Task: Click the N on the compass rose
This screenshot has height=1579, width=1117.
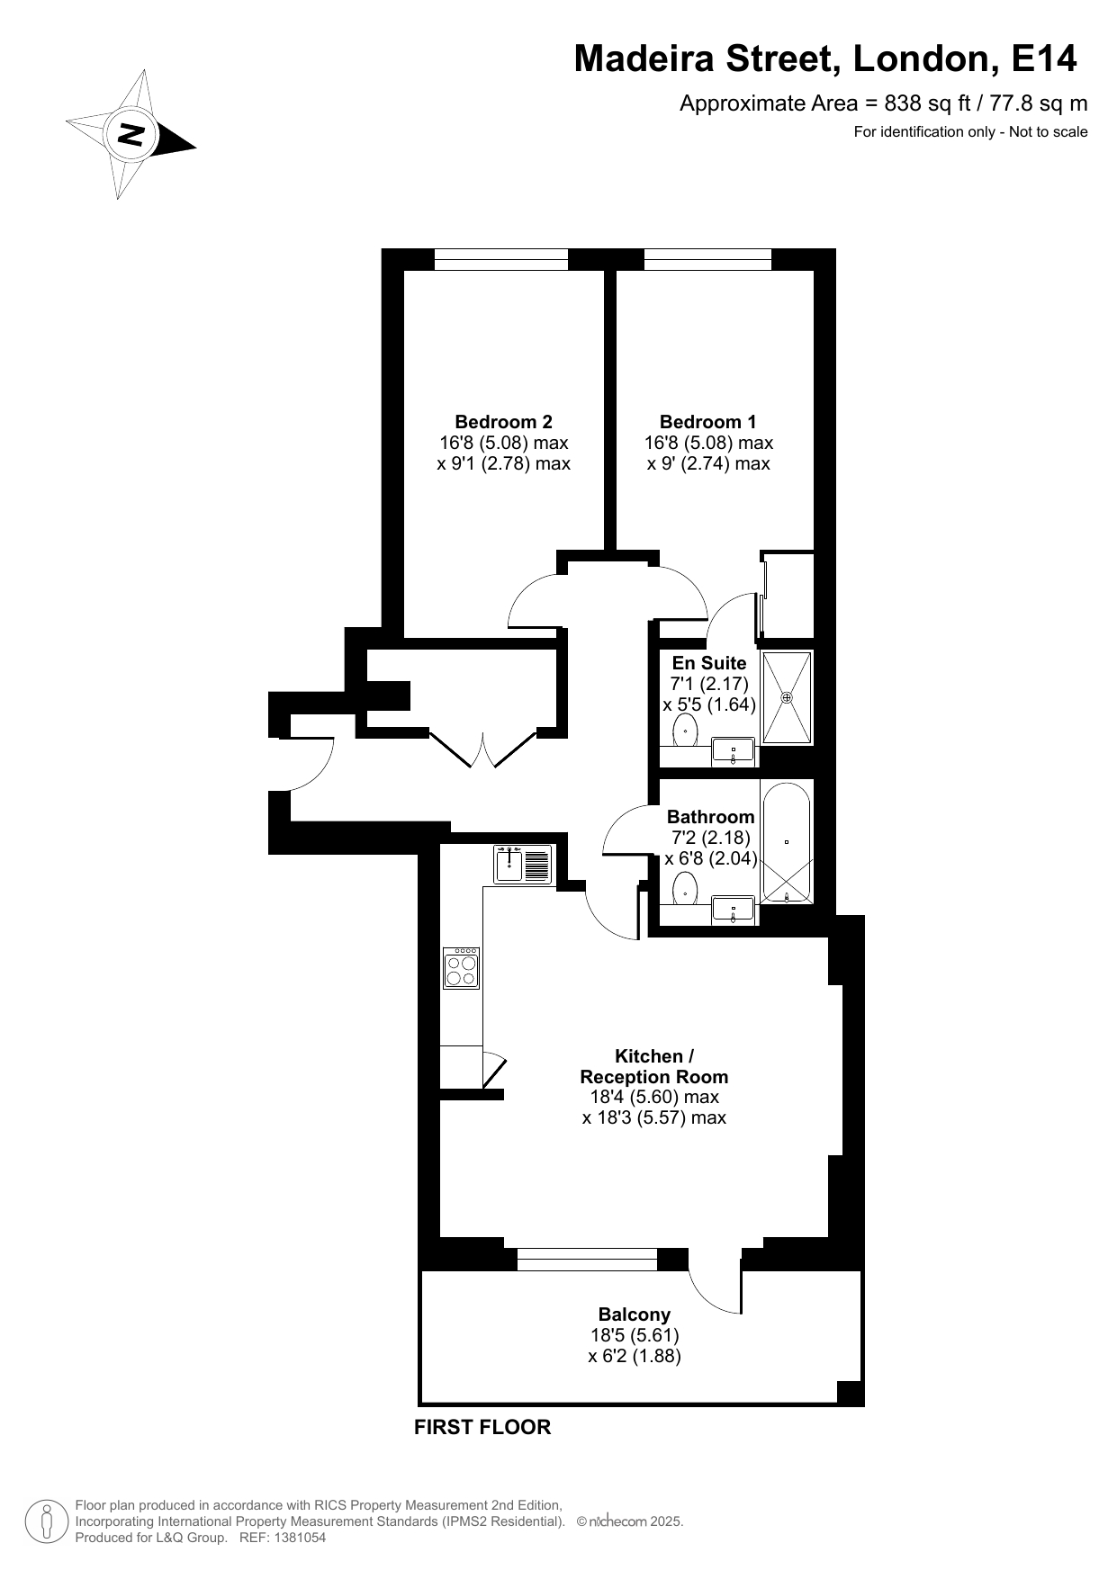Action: pos(131,135)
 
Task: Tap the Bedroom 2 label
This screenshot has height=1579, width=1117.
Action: pos(503,421)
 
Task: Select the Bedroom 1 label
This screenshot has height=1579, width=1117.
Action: pos(708,421)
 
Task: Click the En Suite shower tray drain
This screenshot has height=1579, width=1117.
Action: pos(787,697)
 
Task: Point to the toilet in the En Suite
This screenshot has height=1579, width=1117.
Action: pos(687,731)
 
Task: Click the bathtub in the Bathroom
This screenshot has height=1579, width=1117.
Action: pos(788,842)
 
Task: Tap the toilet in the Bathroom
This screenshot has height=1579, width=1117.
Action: pos(686,889)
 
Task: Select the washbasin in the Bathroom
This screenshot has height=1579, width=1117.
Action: pos(734,909)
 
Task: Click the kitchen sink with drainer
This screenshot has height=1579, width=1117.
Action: pos(522,865)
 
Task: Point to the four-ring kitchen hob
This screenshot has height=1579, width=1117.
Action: pos(461,968)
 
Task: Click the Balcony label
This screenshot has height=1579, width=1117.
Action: pos(635,1314)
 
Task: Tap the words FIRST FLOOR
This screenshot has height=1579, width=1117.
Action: pos(482,1427)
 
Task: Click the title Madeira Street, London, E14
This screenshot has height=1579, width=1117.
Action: pos(825,58)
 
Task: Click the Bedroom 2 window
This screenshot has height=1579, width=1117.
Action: pos(501,260)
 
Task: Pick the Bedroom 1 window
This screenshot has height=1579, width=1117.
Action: pos(708,260)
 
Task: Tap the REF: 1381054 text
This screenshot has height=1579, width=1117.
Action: pos(283,1538)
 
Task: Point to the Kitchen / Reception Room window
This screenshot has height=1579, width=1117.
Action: pos(588,1260)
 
